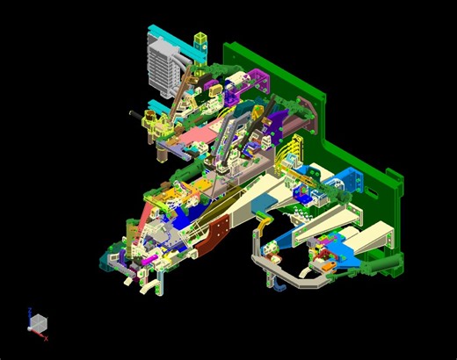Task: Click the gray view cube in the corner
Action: click(x=38, y=324)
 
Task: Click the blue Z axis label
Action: click(x=31, y=309)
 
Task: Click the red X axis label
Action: click(x=46, y=338)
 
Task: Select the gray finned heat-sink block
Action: click(x=163, y=69)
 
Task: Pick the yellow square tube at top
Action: click(x=201, y=40)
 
